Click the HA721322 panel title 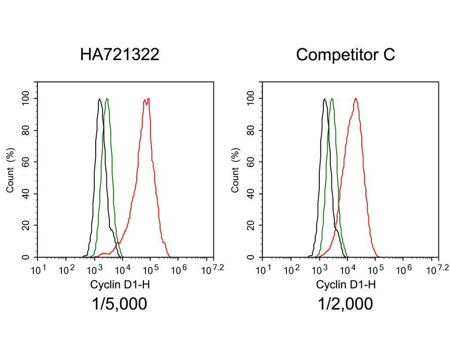[x=120, y=55]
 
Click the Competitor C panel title [x=345, y=55]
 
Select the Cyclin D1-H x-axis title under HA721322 [x=120, y=285]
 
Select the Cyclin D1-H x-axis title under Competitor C [x=346, y=285]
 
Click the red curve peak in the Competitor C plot [x=356, y=99]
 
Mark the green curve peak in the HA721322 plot [x=106, y=99]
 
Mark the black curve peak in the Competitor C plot [x=324, y=99]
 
